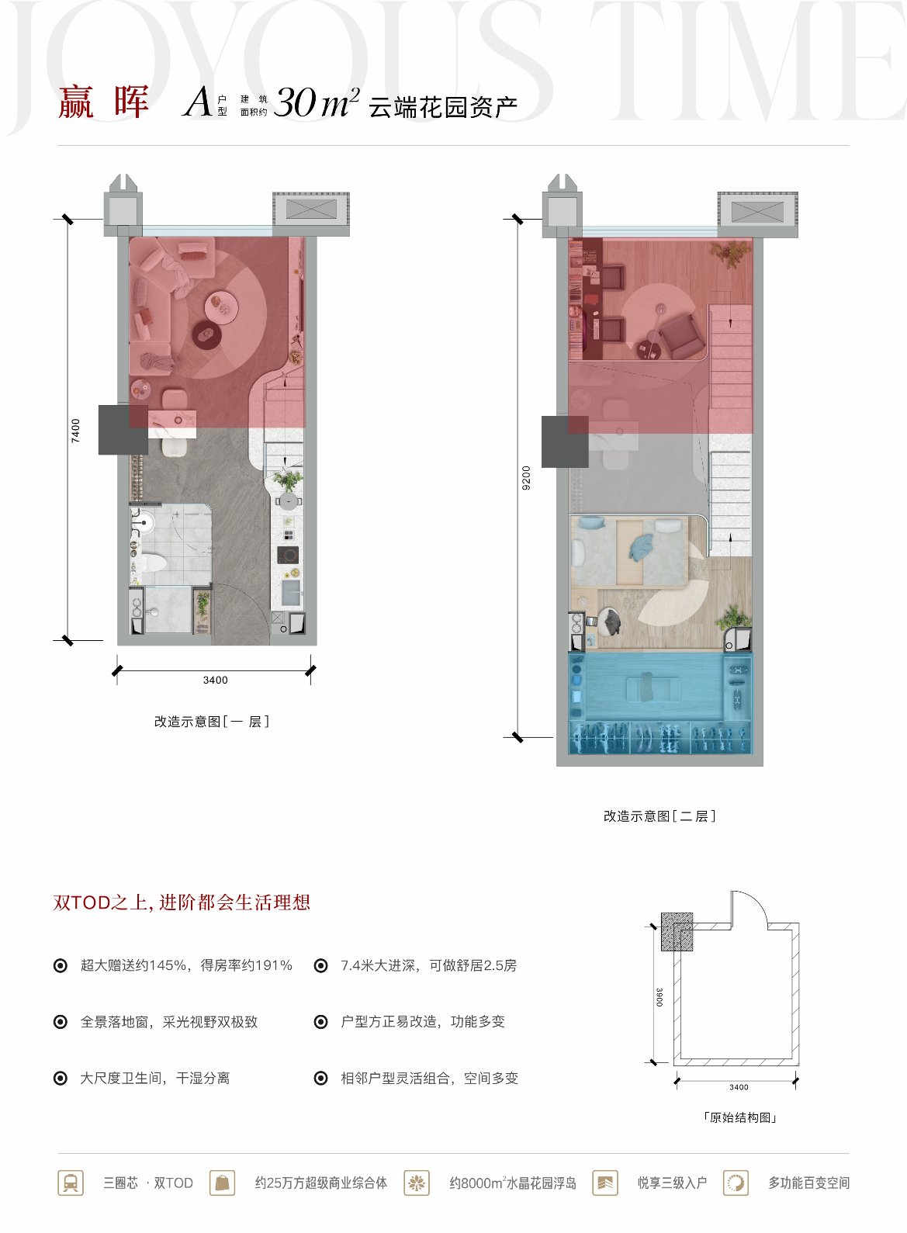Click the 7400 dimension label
(75, 431)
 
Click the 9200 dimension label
(526, 478)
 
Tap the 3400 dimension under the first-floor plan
(215, 681)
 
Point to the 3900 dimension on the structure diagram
(659, 997)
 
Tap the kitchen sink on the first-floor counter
(291, 592)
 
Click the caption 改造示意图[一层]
(212, 722)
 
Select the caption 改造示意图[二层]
(659, 816)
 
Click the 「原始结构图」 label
(739, 1117)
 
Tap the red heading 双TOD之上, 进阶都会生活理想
(182, 902)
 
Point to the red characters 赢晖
(104, 102)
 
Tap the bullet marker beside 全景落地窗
(60, 1022)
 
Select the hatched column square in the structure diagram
(677, 931)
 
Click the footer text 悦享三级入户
(672, 1183)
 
